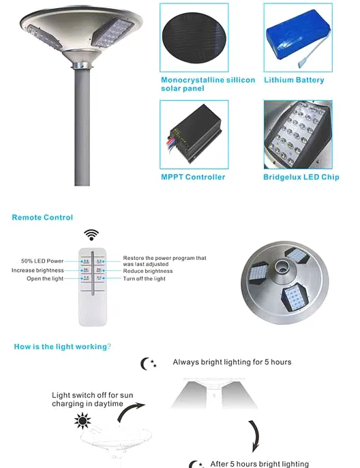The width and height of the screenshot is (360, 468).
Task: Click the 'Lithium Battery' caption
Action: click(x=294, y=81)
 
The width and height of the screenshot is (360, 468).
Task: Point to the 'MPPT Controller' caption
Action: click(x=193, y=177)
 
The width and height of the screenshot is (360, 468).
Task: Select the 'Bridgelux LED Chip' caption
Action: click(x=301, y=177)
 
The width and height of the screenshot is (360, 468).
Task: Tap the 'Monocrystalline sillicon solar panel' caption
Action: click(x=207, y=85)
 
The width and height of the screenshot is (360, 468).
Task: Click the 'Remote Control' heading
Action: click(x=42, y=218)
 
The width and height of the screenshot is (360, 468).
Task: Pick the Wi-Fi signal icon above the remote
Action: click(x=91, y=235)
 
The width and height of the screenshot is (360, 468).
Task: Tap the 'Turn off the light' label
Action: click(x=144, y=279)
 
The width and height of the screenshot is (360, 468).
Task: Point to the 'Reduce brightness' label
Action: click(x=148, y=271)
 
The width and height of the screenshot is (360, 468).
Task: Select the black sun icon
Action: click(x=84, y=421)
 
